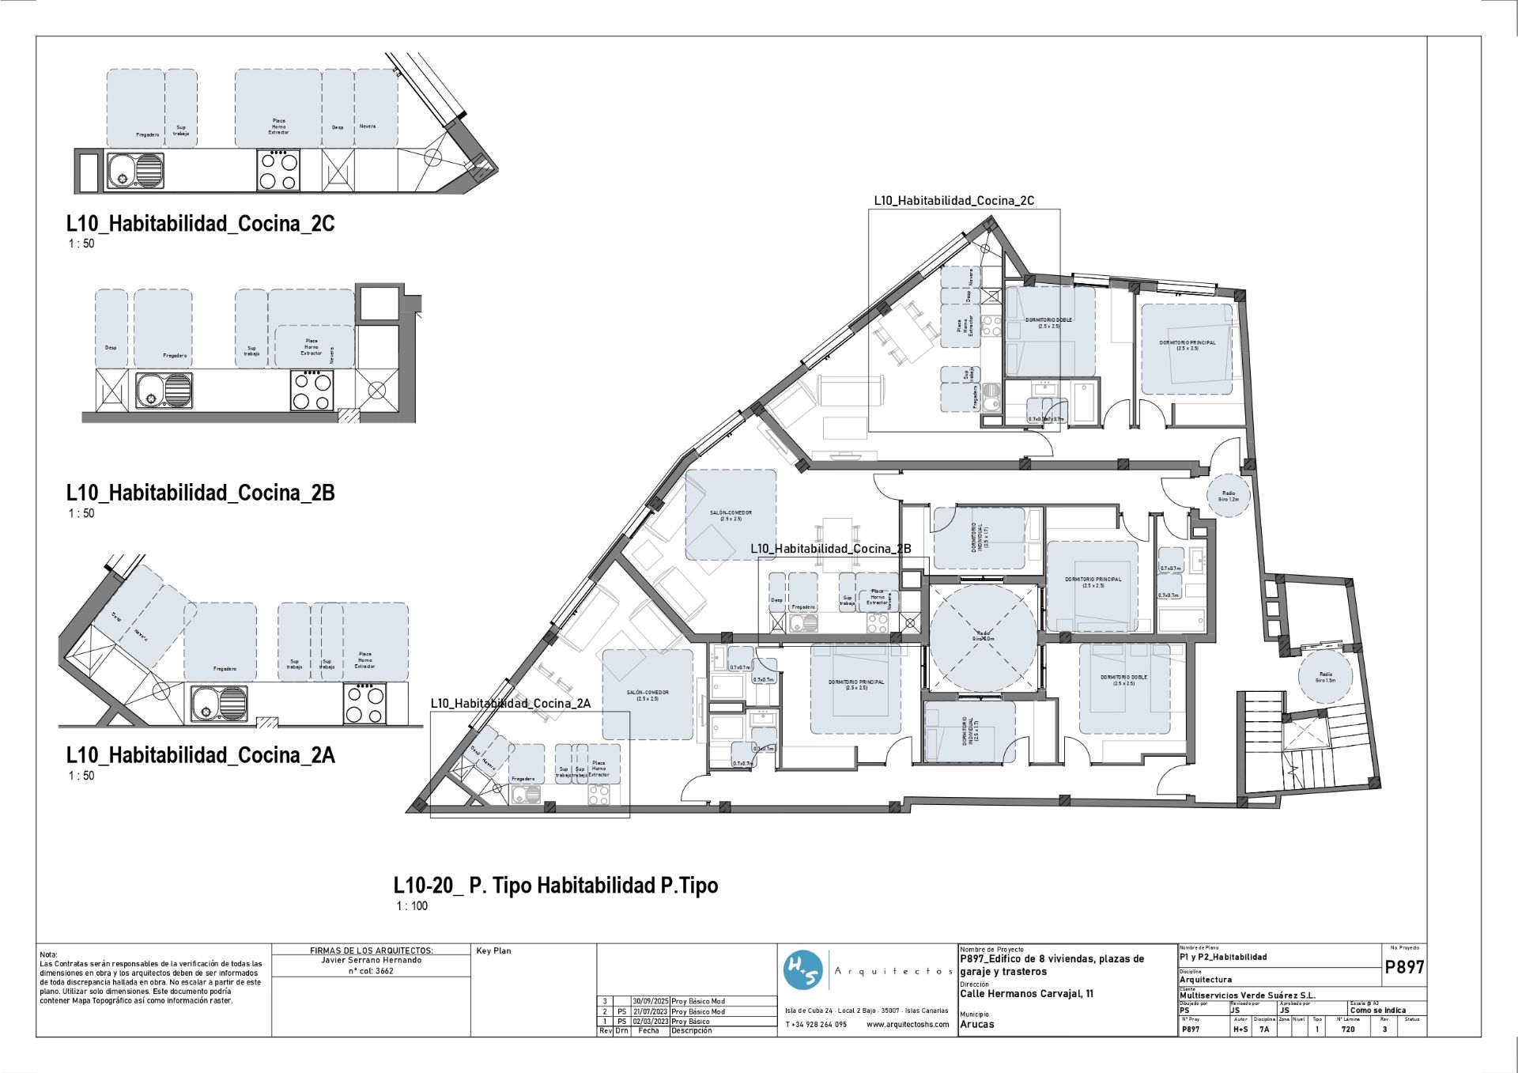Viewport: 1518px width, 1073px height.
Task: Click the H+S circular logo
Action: (x=803, y=971)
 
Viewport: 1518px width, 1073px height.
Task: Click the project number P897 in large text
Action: (x=1404, y=967)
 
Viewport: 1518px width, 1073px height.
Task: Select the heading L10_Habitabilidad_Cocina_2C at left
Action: (x=200, y=224)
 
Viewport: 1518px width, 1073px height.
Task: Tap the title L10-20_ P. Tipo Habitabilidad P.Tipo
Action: (x=556, y=886)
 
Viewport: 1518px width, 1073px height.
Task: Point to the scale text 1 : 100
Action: (x=412, y=906)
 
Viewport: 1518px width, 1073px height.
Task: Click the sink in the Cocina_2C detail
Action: (x=136, y=170)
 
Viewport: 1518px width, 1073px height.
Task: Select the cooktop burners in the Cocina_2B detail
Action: (x=312, y=391)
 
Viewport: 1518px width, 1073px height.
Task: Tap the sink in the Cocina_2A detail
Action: (x=219, y=703)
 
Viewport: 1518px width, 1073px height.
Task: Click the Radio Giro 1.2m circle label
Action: (x=1228, y=496)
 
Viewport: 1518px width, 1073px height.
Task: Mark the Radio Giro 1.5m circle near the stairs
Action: (x=1325, y=677)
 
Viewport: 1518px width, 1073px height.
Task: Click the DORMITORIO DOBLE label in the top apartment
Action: (x=1048, y=322)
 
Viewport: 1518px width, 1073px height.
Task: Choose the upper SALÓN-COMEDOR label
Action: (x=731, y=516)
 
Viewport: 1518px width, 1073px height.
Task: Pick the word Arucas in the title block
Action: (x=976, y=1024)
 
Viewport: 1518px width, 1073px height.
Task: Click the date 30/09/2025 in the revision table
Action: (x=650, y=1001)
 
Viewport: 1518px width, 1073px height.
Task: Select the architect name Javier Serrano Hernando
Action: (x=371, y=960)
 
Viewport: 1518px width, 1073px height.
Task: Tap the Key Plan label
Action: (x=493, y=950)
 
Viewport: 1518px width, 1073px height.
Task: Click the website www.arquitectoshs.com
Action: (x=907, y=1024)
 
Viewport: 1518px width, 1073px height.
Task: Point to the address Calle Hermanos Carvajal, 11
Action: (x=1026, y=994)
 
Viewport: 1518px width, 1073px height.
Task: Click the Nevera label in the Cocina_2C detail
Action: (x=368, y=127)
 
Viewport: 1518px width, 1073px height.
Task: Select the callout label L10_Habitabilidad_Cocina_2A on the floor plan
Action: (x=510, y=703)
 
